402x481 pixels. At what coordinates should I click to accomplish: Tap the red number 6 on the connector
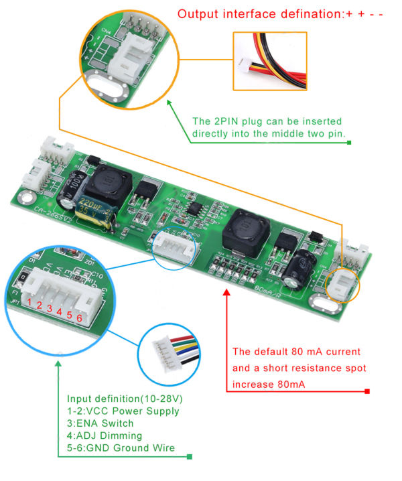point(80,318)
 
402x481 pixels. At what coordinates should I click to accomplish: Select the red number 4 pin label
point(60,312)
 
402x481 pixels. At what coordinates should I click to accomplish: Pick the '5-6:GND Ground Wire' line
point(121,448)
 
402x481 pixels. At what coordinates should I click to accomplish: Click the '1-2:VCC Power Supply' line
point(123,411)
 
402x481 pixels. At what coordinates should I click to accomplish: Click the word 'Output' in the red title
point(199,14)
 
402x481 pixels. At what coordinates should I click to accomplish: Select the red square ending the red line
point(367,391)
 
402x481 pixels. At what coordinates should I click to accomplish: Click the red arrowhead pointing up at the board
point(227,295)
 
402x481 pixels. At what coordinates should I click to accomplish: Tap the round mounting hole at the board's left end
point(25,198)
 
